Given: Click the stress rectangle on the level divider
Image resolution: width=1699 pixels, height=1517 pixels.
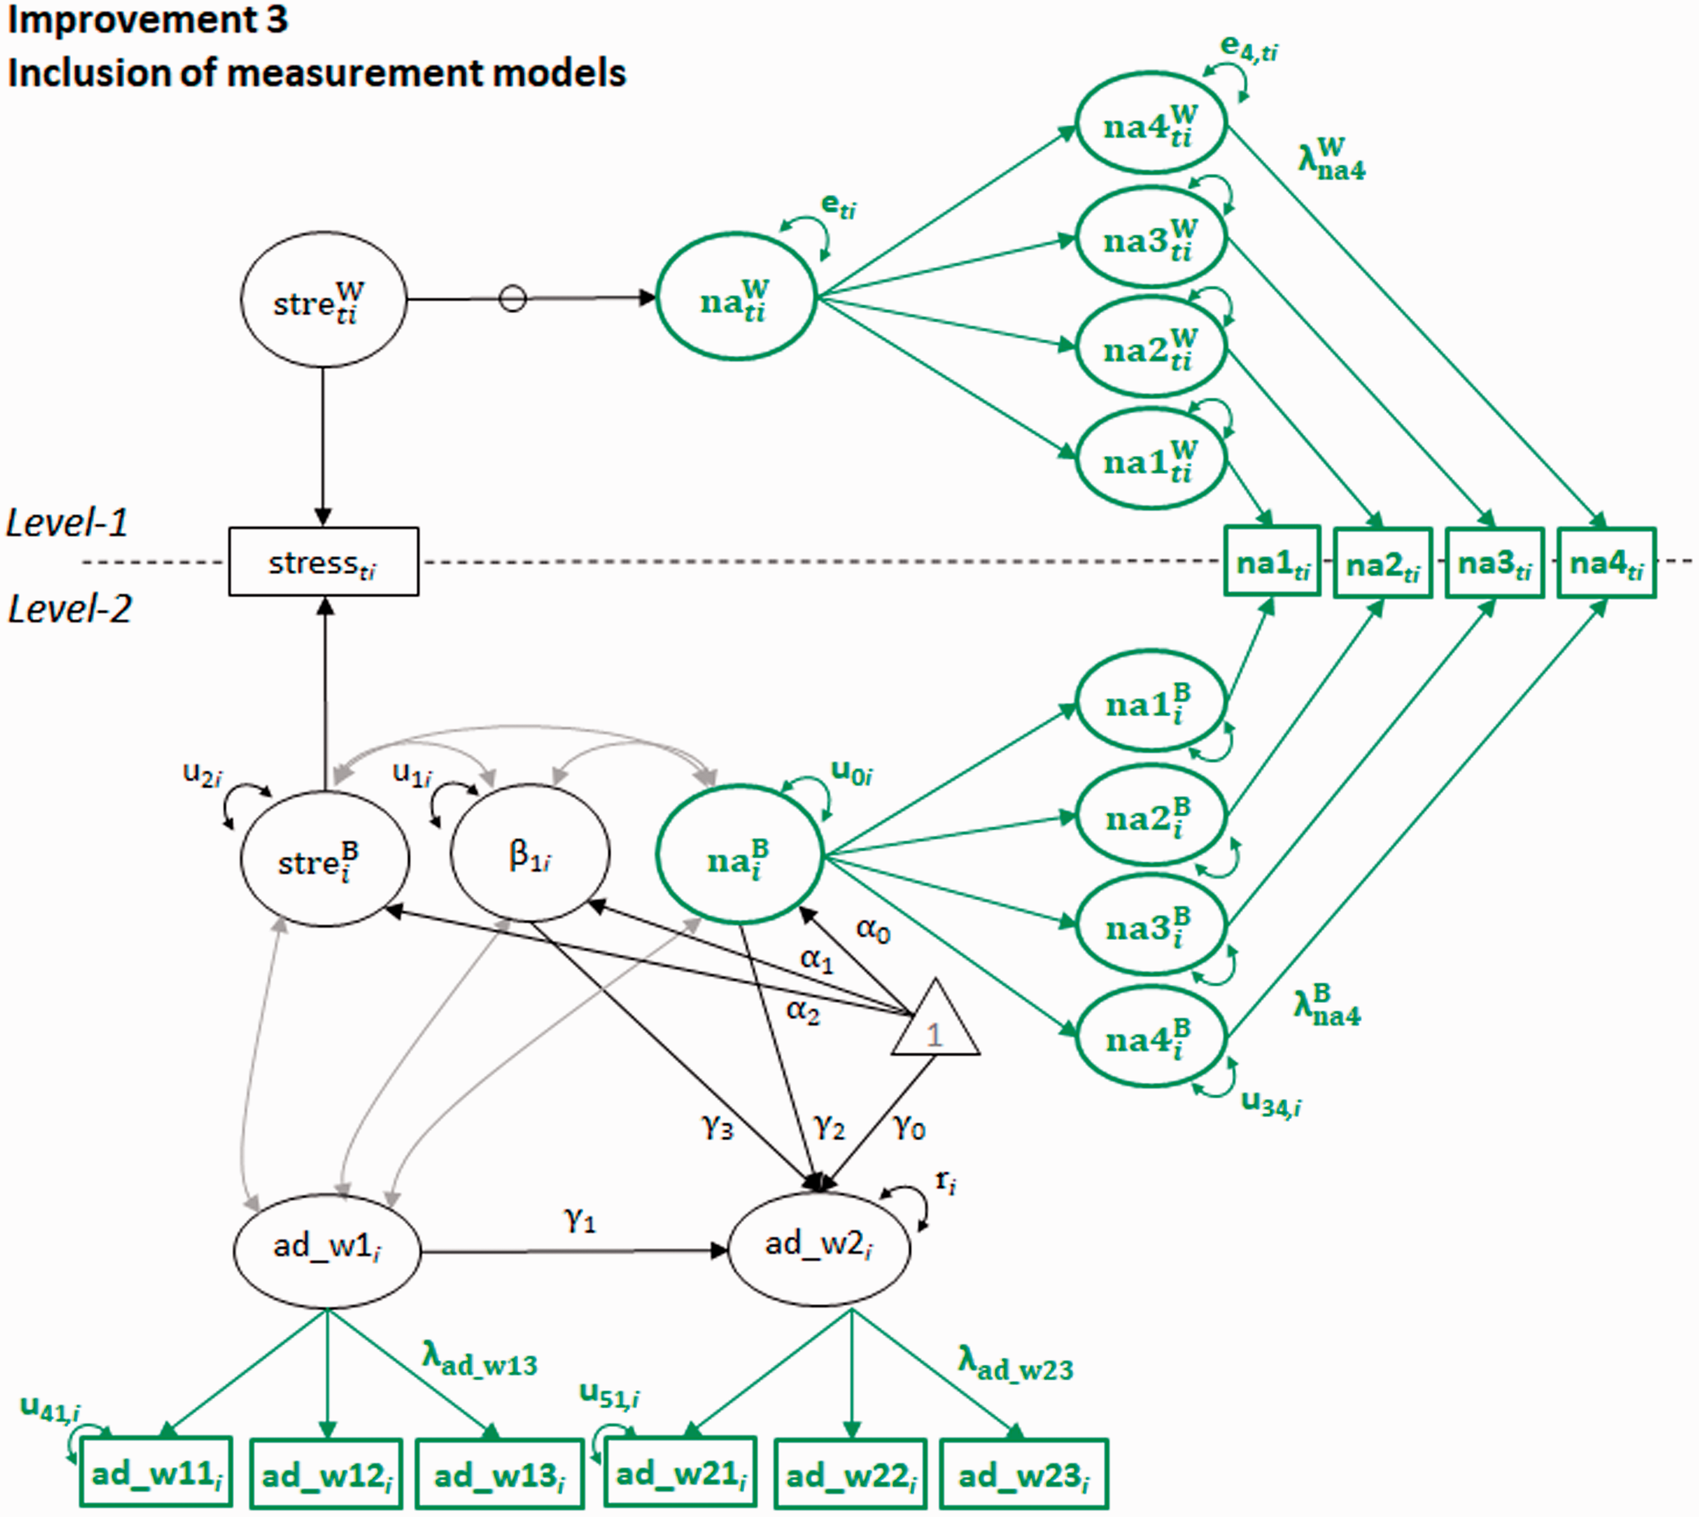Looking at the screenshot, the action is (323, 561).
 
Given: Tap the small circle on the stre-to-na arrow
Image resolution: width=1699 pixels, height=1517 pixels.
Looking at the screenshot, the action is (513, 298).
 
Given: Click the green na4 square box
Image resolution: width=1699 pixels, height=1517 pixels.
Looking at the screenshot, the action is (1607, 563).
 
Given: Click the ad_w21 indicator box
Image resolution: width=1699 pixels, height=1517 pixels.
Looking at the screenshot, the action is (680, 1473).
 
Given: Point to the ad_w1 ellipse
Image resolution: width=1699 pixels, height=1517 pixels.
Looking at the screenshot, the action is (327, 1250).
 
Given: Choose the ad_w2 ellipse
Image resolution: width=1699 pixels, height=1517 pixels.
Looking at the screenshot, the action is (819, 1249).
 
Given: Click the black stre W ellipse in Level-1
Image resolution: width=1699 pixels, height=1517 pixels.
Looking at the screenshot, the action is (323, 299).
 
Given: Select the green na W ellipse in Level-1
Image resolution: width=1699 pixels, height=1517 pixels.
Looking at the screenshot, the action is (736, 297).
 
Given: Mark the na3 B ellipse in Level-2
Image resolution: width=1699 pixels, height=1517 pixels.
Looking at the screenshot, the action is (1151, 924).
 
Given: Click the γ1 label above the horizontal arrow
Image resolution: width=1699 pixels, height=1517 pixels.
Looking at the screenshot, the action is (580, 1220).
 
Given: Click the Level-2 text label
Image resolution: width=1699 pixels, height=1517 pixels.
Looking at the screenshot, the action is (70, 609).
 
